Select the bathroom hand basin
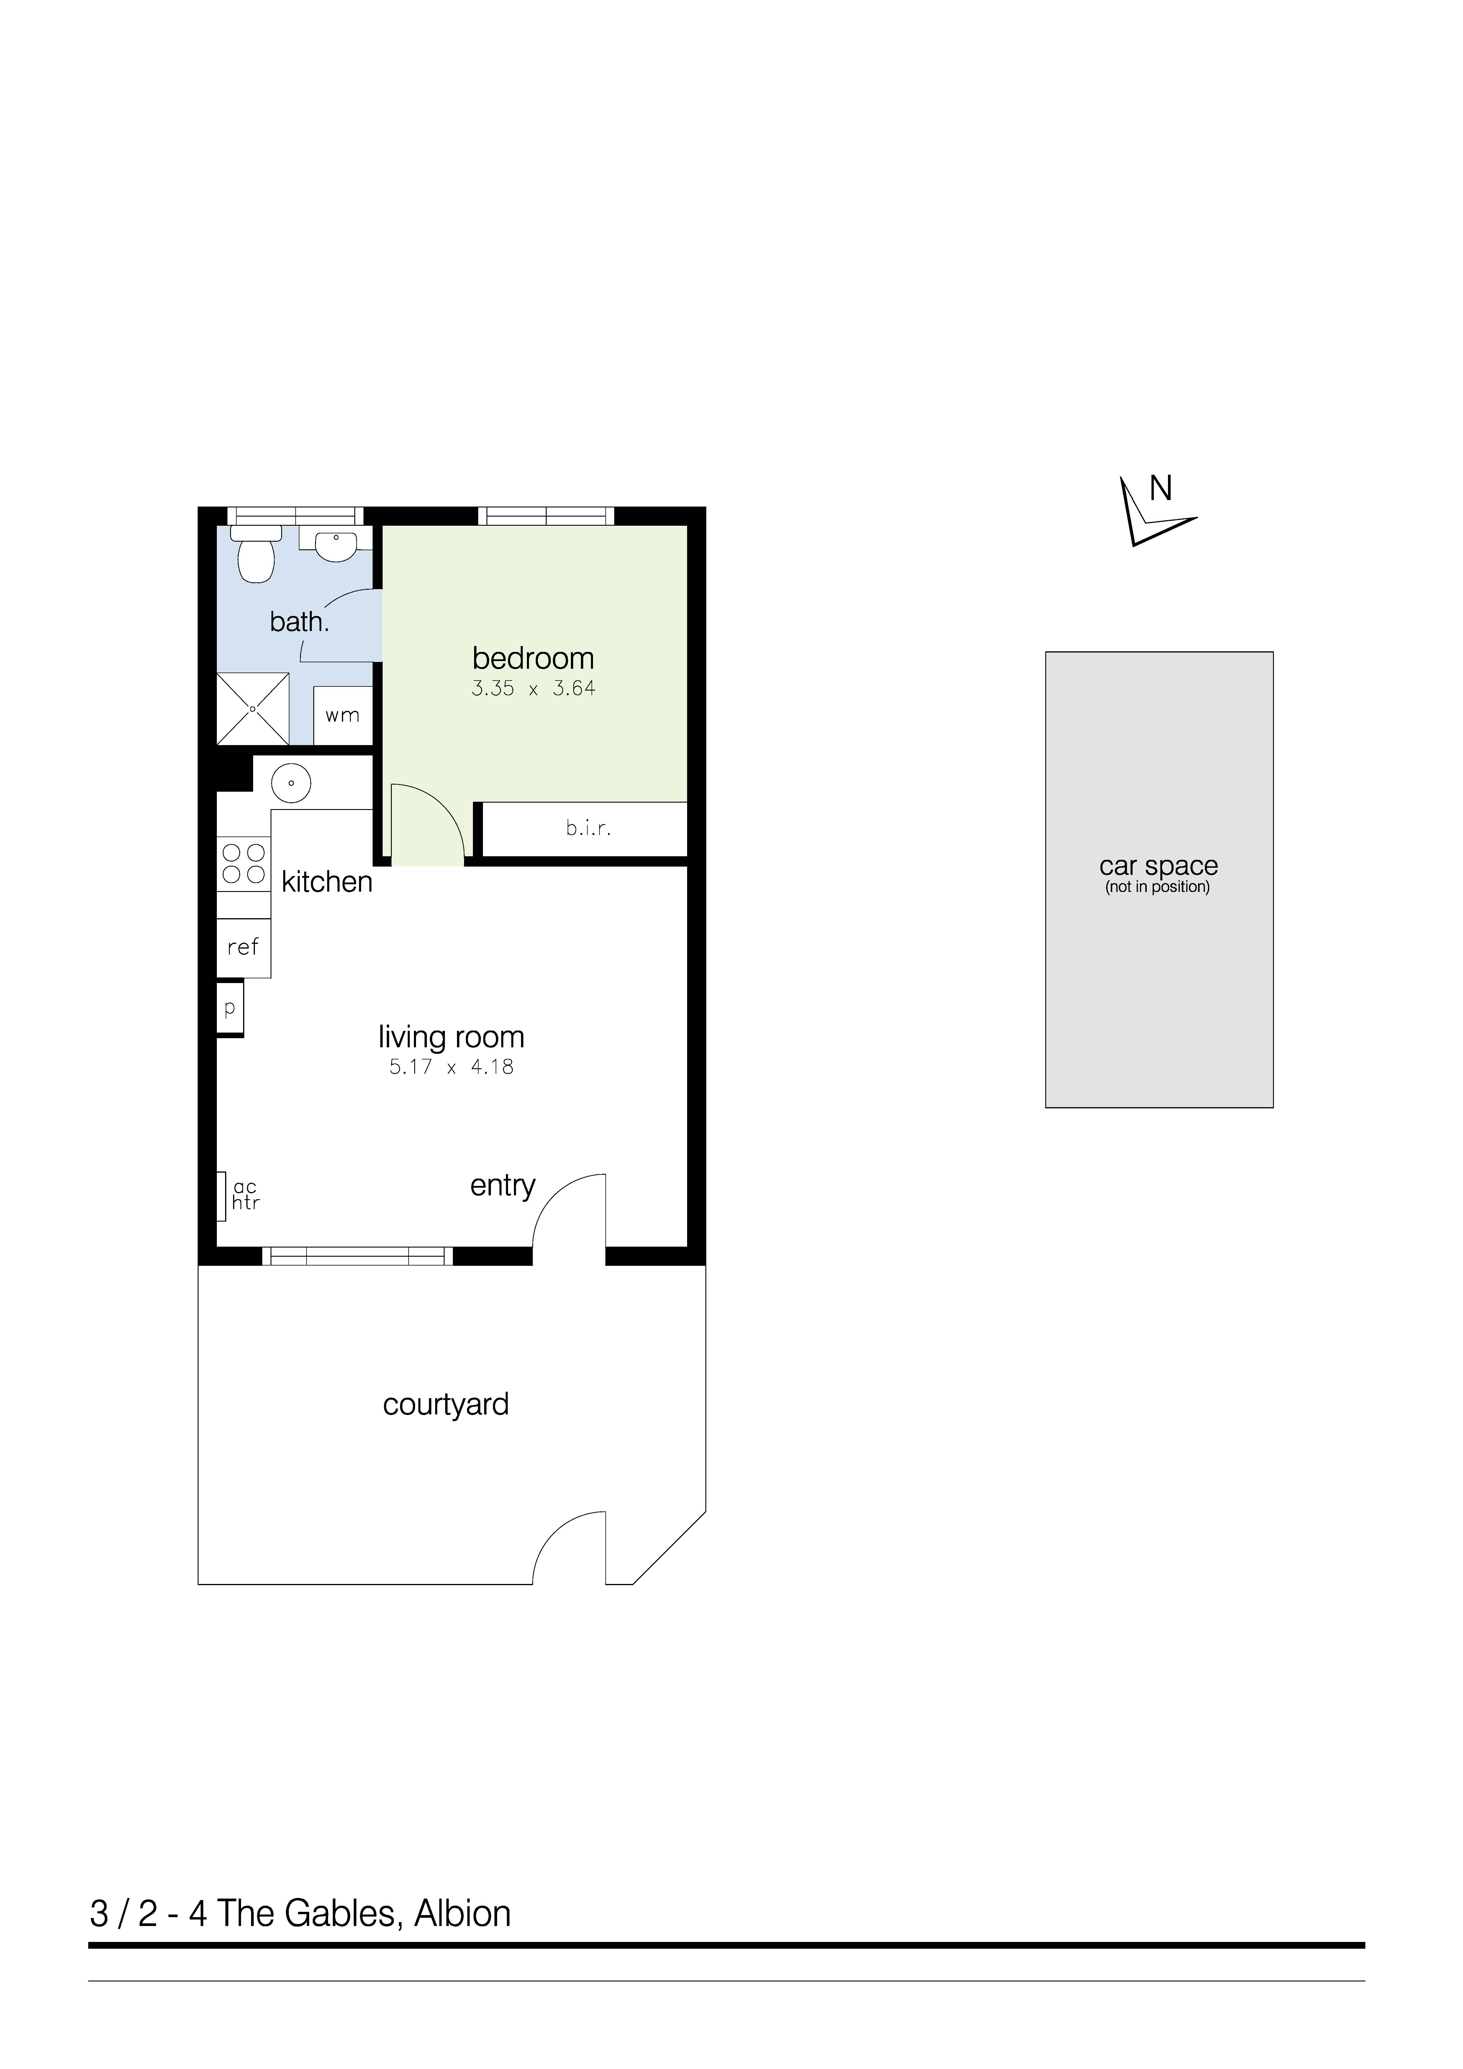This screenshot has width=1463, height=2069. click(x=335, y=544)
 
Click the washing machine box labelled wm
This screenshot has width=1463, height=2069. click(x=343, y=716)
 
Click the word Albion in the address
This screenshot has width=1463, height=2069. click(x=462, y=1913)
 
